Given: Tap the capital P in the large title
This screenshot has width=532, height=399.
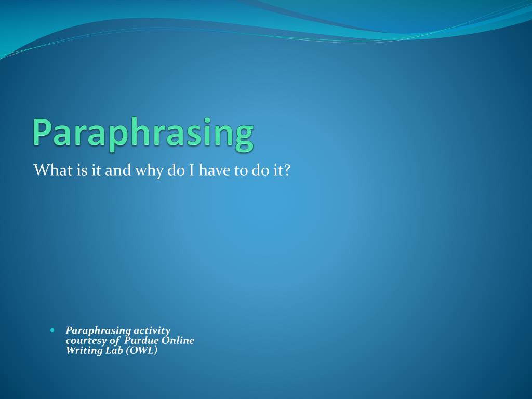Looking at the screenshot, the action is pyautogui.click(x=42, y=131).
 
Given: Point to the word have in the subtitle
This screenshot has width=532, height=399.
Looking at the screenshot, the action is pyautogui.click(x=215, y=170).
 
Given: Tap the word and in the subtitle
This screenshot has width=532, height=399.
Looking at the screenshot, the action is pyautogui.click(x=118, y=170).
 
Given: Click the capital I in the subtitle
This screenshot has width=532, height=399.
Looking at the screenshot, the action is pyautogui.click(x=191, y=170).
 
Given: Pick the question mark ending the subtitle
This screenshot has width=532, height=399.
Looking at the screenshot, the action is pyautogui.click(x=287, y=170).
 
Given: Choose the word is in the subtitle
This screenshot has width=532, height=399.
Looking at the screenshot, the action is pyautogui.click(x=82, y=170).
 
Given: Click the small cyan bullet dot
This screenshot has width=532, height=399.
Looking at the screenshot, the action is pyautogui.click(x=52, y=330).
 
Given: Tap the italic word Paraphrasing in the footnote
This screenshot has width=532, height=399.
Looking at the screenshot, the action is pyautogui.click(x=98, y=331).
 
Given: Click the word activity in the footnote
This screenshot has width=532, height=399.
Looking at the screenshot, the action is pyautogui.click(x=152, y=331).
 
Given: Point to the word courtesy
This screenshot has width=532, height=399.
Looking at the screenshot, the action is pyautogui.click(x=86, y=341).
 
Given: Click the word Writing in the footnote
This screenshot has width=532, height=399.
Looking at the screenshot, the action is pyautogui.click(x=84, y=351).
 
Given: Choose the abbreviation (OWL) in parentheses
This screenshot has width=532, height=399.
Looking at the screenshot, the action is pyautogui.click(x=141, y=350).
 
